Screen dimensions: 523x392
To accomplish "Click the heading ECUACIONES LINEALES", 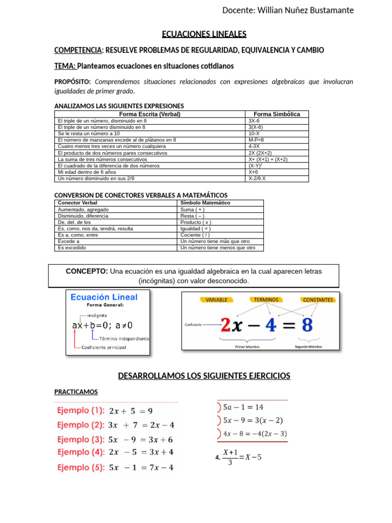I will coord(204,34).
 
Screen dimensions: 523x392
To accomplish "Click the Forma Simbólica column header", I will coord(277,114).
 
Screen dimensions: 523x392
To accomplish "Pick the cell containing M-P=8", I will coord(256,140).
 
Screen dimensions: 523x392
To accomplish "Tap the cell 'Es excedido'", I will coord(72,248).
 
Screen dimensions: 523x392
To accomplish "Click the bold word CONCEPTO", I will coord(87,271).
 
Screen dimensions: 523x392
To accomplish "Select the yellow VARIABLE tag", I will coord(216,300).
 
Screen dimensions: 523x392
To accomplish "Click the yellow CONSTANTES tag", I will coord(317,300).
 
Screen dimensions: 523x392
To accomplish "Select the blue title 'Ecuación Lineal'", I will coord(104,297).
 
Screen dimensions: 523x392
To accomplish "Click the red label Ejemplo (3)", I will coord(81,439).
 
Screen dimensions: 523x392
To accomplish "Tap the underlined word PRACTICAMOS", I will coord(76,392).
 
